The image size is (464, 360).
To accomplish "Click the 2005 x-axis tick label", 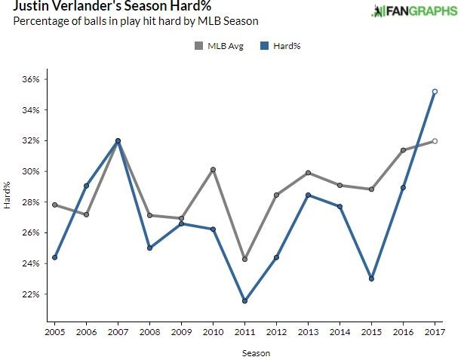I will pos(54,331).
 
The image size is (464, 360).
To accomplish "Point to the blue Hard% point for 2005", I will pos(54,257).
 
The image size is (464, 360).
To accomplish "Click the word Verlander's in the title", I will pos(83,6).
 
